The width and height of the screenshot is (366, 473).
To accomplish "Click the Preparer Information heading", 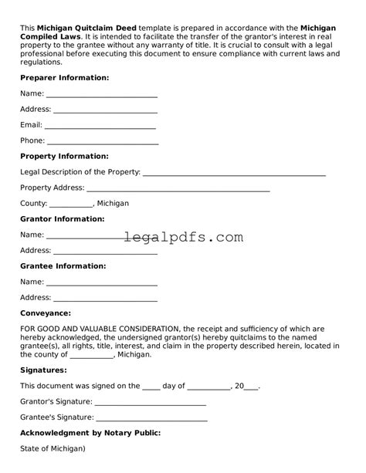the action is point(64,78).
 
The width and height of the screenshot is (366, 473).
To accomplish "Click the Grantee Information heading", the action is point(63,266).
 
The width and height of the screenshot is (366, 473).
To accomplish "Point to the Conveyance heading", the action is point(46,313).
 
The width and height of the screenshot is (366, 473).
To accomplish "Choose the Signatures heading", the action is point(43,370).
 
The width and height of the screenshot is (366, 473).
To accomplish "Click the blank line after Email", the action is point(100,127).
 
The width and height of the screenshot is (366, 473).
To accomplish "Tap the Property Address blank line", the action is point(178,190).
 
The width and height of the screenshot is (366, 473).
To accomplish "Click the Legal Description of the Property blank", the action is point(234,174).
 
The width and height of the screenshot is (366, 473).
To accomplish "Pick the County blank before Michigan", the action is point(71,206).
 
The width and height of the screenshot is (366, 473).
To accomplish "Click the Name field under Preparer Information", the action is point(102,96).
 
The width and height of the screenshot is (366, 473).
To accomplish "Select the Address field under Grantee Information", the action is point(105,299).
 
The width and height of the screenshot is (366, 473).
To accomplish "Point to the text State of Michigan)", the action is point(53,449).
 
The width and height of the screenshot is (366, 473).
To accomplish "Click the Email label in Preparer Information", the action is point(31,125).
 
